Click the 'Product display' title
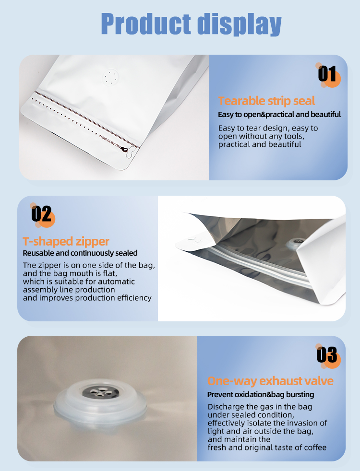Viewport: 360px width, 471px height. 191,24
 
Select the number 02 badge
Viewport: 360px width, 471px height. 41,214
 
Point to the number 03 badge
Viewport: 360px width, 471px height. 327,355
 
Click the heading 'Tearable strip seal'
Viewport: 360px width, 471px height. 266,101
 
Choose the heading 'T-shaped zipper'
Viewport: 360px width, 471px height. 66,241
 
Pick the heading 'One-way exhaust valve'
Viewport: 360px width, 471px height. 270,381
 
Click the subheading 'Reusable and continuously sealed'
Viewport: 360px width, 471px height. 80,253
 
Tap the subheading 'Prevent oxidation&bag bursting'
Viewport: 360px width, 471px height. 261,394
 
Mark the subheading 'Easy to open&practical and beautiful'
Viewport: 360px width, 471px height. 279,115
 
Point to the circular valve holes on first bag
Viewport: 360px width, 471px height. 112,77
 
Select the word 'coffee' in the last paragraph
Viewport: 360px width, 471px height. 314,447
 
